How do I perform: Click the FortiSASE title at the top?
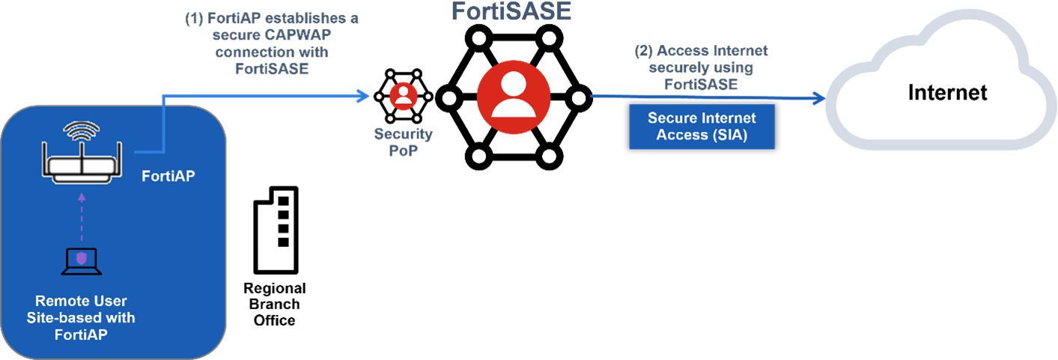511,12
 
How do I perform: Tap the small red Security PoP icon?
404,96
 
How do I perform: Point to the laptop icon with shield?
81,260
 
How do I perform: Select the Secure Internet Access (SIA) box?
702,126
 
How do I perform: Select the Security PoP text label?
403,142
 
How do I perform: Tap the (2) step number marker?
644,52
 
